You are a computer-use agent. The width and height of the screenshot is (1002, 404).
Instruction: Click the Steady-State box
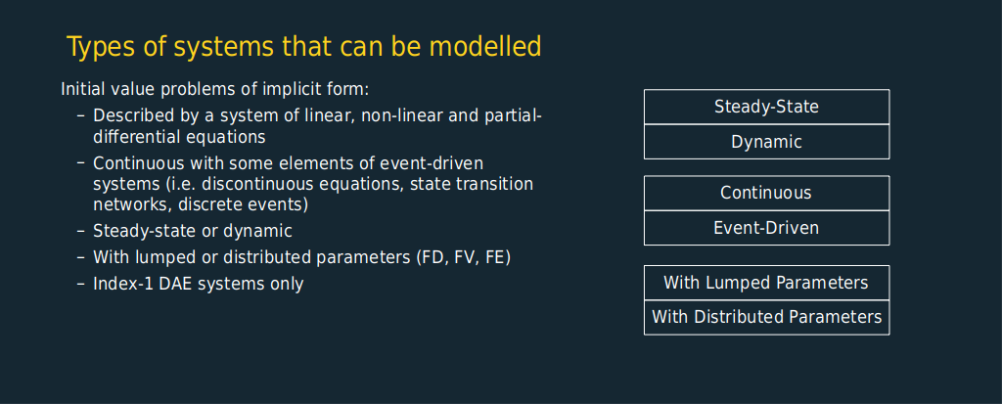click(766, 107)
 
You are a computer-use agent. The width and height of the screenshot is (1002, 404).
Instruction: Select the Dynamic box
click(766, 142)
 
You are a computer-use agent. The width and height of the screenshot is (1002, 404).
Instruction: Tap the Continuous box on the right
click(766, 193)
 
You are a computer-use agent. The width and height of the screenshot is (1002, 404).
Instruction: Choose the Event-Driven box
click(766, 228)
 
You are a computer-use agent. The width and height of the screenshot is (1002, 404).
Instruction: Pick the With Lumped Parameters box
click(766, 283)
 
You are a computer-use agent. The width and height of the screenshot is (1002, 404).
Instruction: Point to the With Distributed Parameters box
click(766, 317)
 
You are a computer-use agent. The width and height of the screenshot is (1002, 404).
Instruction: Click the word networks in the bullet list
click(132, 205)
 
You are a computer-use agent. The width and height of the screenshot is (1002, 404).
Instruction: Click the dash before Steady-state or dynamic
click(80, 232)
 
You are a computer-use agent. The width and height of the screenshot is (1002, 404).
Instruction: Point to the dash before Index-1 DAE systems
click(80, 284)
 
